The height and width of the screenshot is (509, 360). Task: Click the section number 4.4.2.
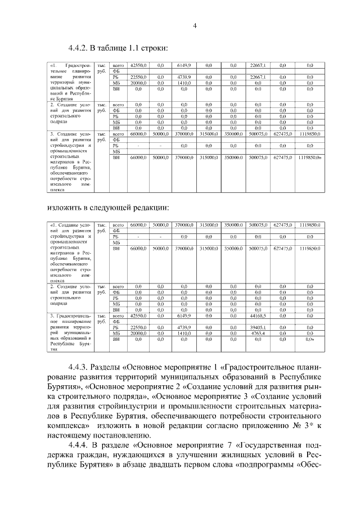tap(79, 47)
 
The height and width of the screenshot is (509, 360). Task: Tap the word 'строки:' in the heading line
tap(154, 47)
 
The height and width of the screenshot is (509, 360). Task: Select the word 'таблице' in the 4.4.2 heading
tap(114, 47)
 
